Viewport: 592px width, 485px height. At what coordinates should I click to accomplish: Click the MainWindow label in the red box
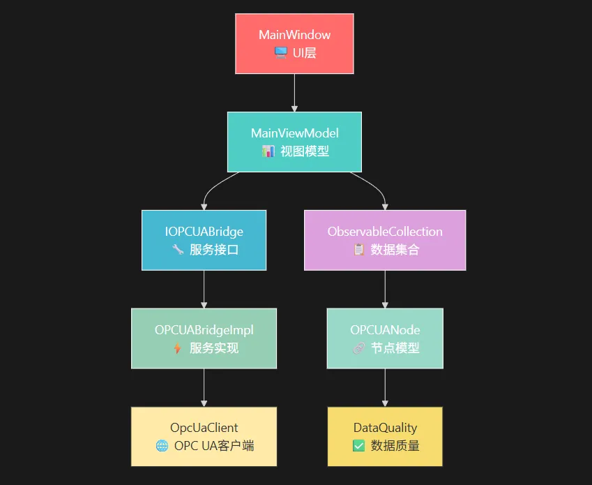[x=294, y=35]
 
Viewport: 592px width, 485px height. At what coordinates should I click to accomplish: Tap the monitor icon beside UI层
[x=281, y=52]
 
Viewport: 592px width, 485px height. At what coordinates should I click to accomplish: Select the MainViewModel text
[x=294, y=133]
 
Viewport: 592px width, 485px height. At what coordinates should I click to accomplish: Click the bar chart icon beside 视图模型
[x=268, y=151]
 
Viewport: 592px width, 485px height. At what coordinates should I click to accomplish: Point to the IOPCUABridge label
[x=204, y=232]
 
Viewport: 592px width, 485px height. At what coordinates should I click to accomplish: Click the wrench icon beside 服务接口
[x=177, y=249]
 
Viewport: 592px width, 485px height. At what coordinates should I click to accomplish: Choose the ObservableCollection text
[x=385, y=232]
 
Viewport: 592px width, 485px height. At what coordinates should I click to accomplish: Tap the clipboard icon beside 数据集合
[x=359, y=249]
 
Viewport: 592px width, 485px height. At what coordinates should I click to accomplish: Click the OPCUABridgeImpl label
[x=204, y=330]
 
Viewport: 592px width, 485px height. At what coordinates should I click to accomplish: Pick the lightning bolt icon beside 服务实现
[x=177, y=348]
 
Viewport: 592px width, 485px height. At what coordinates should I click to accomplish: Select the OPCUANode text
[x=385, y=330]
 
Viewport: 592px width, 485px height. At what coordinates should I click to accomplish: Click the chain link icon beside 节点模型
[x=358, y=348]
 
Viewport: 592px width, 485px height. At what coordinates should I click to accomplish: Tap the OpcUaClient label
[x=204, y=428]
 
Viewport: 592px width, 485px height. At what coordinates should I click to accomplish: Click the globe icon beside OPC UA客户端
[x=162, y=446]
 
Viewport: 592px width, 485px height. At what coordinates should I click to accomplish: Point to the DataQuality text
[x=385, y=428]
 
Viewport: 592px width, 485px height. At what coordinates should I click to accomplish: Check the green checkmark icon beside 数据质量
[x=358, y=446]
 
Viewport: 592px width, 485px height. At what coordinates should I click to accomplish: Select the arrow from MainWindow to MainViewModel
[x=294, y=93]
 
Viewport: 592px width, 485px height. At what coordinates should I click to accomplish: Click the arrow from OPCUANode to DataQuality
[x=385, y=388]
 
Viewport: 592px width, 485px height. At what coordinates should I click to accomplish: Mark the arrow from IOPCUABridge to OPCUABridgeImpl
[x=204, y=290]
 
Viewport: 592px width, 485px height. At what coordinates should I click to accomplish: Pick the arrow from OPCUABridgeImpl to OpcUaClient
[x=204, y=388]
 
